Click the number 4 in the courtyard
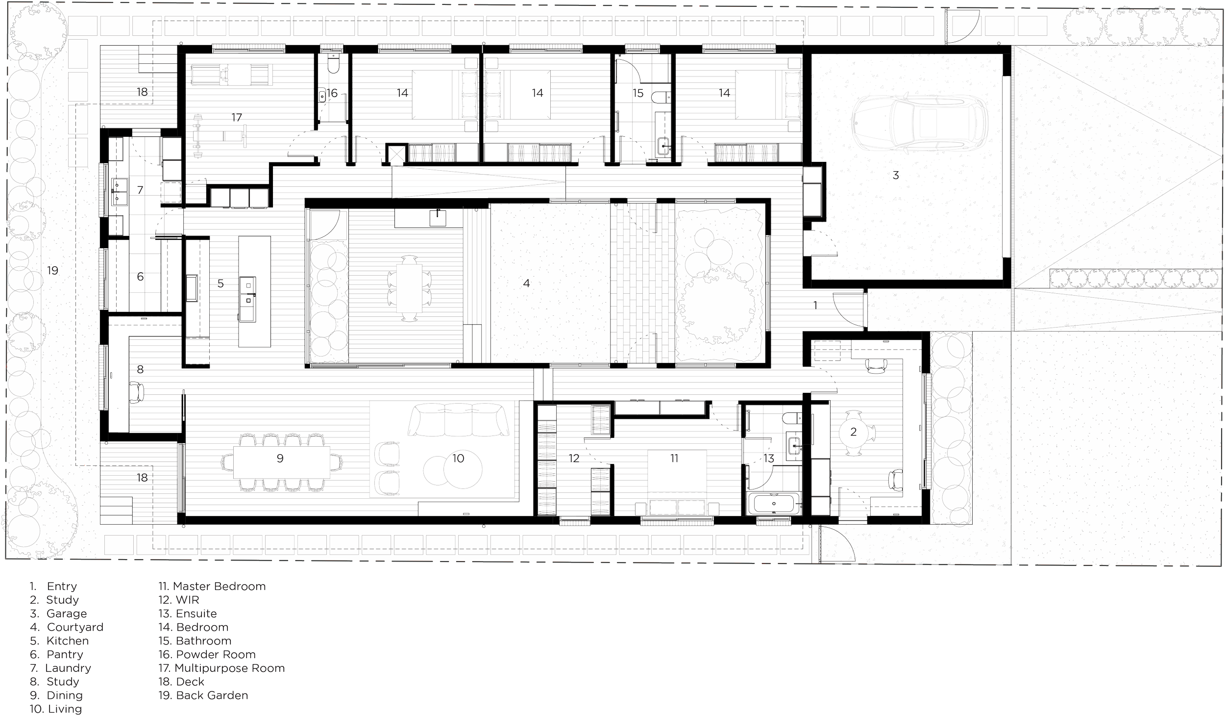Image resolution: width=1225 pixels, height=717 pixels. pos(526,283)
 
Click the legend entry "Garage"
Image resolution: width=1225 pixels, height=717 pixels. pos(67,614)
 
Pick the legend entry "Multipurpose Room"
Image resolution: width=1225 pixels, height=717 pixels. pos(221,668)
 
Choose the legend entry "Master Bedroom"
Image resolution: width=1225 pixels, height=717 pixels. pos(213,586)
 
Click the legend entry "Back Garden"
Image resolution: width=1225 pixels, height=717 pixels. pos(204,695)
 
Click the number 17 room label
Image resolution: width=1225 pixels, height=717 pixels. pos(237,118)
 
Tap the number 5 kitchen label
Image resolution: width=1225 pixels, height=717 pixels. pos(220,284)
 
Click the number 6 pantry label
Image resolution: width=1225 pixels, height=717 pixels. pos(140,277)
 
